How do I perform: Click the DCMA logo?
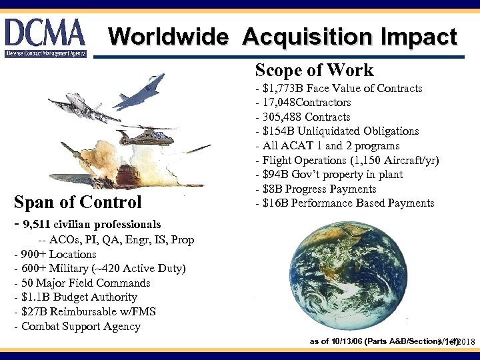pos(45,37)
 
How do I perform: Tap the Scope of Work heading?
pos(314,70)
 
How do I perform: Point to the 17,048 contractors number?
pos(279,103)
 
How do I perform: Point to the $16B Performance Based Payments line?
pos(345,203)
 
